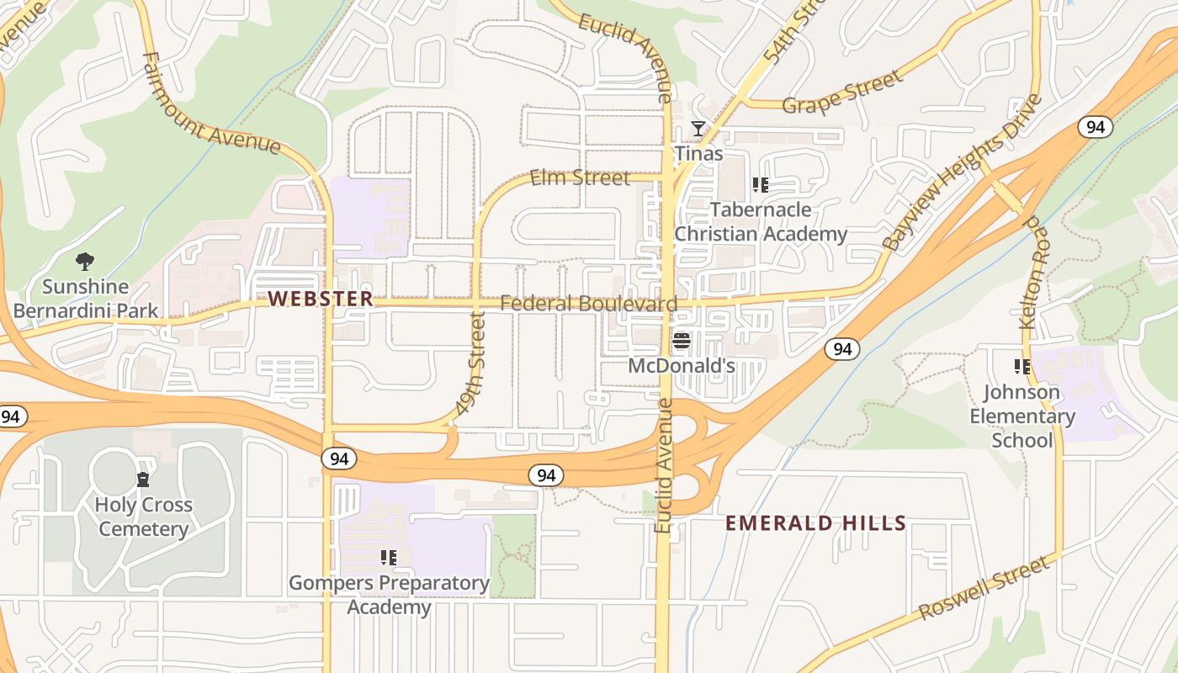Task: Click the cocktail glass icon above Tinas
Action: pyautogui.click(x=698, y=129)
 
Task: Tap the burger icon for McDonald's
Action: pyautogui.click(x=682, y=341)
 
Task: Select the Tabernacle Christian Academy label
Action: pyautogui.click(x=761, y=222)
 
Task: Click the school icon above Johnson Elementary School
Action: pyautogui.click(x=1022, y=367)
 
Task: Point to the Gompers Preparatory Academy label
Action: pyautogui.click(x=389, y=595)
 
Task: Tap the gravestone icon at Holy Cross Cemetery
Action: pyautogui.click(x=143, y=480)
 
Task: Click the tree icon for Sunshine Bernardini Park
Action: pyautogui.click(x=84, y=262)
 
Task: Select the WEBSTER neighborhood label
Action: pyautogui.click(x=321, y=299)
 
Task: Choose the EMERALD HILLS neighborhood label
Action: pyautogui.click(x=815, y=523)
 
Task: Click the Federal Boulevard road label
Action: pyautogui.click(x=588, y=304)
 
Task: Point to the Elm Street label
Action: pyautogui.click(x=580, y=178)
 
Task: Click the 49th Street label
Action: pyautogui.click(x=471, y=363)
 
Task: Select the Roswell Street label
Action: pyautogui.click(x=984, y=588)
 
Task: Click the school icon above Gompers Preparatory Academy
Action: pyautogui.click(x=388, y=557)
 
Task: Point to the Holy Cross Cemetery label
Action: pyautogui.click(x=143, y=517)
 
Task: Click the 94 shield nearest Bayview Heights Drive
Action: pyautogui.click(x=1095, y=127)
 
